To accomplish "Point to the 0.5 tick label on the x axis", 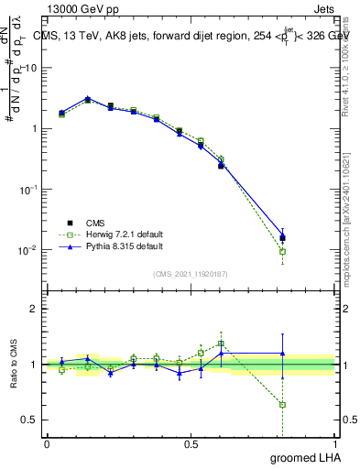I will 191,443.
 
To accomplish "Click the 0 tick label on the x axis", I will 47,443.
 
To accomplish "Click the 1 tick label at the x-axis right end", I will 335,443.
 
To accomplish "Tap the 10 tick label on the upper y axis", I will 30,68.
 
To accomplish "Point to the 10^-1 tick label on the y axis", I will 28,189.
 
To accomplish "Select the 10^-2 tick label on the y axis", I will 28,249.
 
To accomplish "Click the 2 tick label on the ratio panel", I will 34,309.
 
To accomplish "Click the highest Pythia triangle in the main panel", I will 87,98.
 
